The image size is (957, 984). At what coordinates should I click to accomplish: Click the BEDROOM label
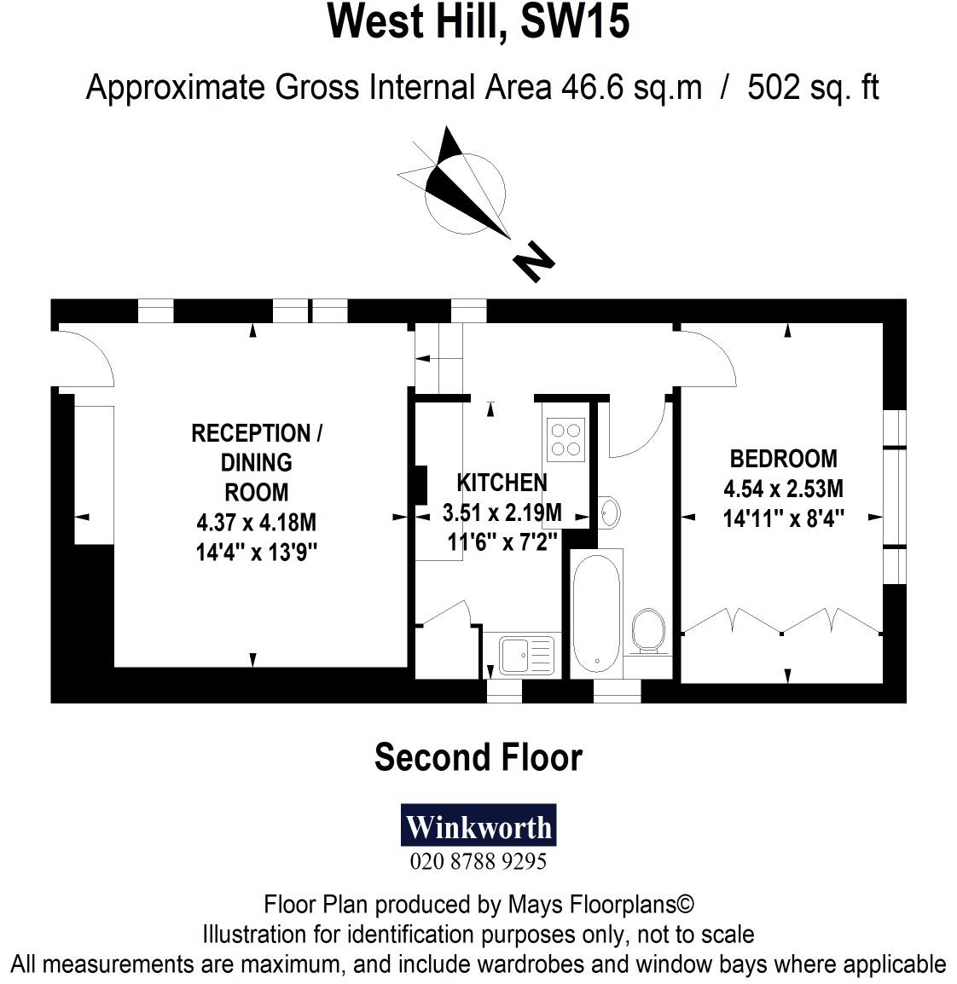coord(783,459)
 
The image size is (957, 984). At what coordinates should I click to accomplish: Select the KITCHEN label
coord(502,483)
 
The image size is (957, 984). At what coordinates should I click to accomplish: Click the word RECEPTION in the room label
coord(251,433)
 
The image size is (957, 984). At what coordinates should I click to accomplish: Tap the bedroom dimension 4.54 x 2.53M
coord(783,489)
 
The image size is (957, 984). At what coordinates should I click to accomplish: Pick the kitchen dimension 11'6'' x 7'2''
coord(502,541)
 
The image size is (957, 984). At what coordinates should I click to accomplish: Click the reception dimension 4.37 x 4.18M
coord(256,522)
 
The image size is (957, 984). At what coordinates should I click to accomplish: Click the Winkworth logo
coord(478,825)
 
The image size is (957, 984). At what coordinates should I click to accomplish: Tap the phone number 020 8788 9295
coord(478,861)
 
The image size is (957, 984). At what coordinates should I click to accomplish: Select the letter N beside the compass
coord(534,261)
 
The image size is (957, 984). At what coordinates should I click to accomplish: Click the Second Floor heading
coord(478,757)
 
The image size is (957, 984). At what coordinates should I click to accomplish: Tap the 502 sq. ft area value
coord(812,88)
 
